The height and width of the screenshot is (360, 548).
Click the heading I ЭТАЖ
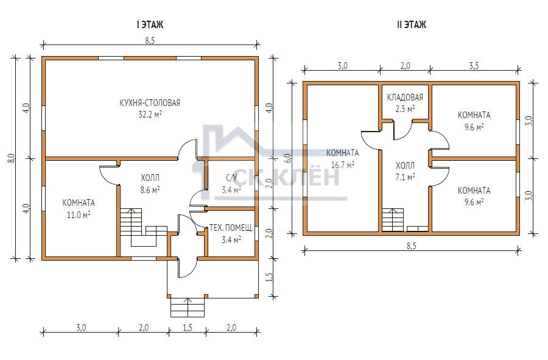(x=150, y=25)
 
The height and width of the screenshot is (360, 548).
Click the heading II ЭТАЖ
(x=412, y=25)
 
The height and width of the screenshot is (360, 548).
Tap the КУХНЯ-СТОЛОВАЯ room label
(x=150, y=103)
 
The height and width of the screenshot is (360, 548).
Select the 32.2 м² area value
(x=150, y=115)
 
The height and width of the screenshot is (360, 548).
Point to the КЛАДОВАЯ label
(x=405, y=97)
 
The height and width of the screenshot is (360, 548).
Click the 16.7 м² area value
(x=342, y=164)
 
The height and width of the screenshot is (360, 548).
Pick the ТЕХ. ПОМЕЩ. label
(x=231, y=228)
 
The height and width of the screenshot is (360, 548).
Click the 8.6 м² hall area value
(x=150, y=190)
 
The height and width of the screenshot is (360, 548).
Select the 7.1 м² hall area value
(x=405, y=177)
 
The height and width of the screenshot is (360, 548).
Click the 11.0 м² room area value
(x=79, y=215)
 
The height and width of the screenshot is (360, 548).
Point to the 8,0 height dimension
(x=11, y=158)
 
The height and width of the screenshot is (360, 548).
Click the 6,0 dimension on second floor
(x=287, y=158)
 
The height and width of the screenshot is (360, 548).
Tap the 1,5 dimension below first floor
(x=188, y=328)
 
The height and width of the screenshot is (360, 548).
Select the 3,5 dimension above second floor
(x=474, y=66)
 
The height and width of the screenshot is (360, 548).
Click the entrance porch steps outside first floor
(x=188, y=307)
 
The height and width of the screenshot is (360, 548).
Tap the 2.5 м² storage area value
(x=405, y=108)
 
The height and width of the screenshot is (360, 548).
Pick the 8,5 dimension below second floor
(x=412, y=246)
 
